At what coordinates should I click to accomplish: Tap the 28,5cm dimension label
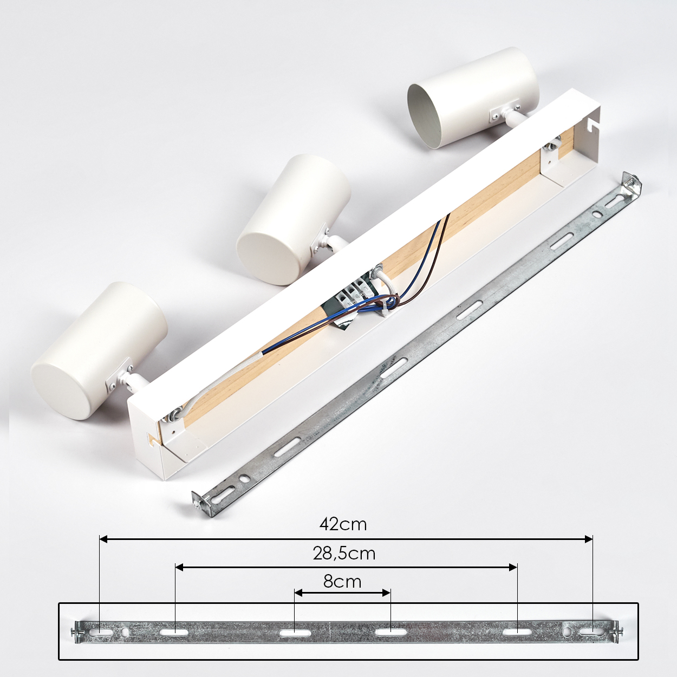[x=344, y=554]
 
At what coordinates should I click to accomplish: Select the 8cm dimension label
[x=342, y=582]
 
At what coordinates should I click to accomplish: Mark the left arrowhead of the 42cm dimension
[x=103, y=539]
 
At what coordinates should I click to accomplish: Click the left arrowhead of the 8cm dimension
[x=298, y=593]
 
